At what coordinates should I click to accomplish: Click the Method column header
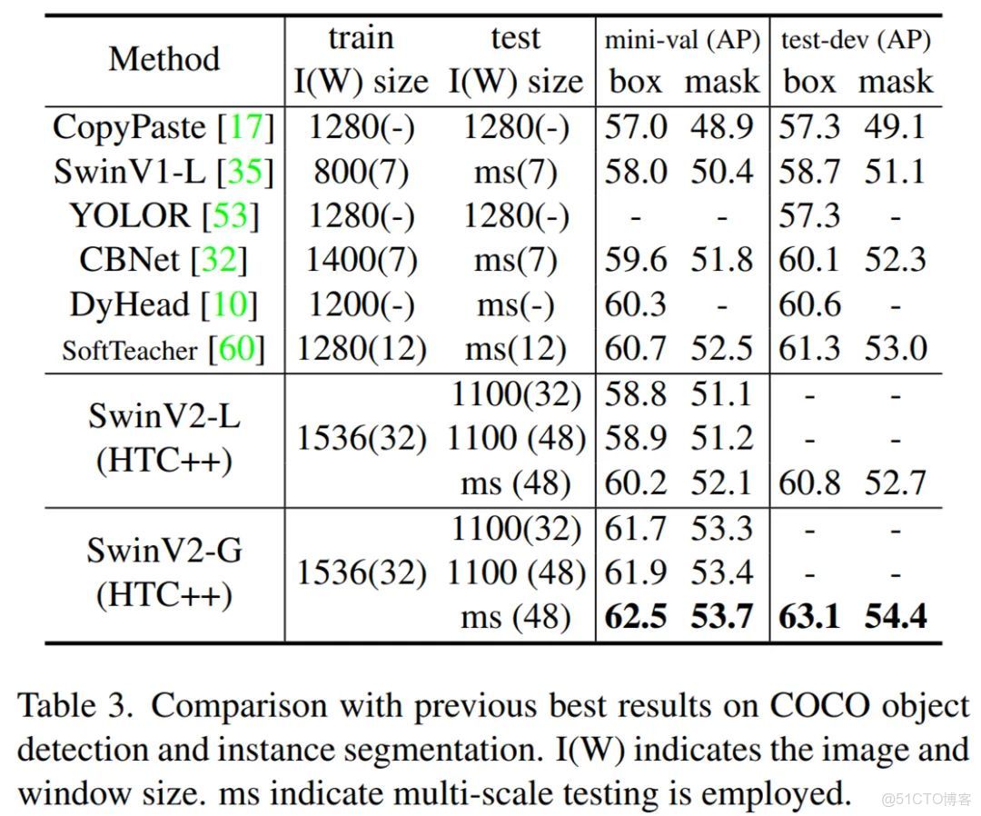(164, 59)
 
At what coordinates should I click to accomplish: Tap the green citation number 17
(245, 126)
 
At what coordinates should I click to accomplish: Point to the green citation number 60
(236, 349)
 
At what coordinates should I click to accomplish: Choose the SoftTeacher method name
(130, 350)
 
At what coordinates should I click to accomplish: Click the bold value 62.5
(635, 617)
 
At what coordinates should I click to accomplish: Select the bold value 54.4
(896, 617)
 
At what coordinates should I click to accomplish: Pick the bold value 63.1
(810, 617)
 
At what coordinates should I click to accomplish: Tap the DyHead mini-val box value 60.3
(635, 304)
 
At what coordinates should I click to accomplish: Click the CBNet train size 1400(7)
(361, 261)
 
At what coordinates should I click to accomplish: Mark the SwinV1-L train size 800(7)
(361, 171)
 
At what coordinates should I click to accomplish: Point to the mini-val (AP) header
(682, 40)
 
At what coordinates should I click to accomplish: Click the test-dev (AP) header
(856, 40)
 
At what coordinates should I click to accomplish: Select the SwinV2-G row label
(164, 550)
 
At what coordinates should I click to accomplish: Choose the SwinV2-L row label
(164, 416)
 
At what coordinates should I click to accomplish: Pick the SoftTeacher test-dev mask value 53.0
(896, 349)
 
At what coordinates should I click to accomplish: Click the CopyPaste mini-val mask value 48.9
(721, 126)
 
